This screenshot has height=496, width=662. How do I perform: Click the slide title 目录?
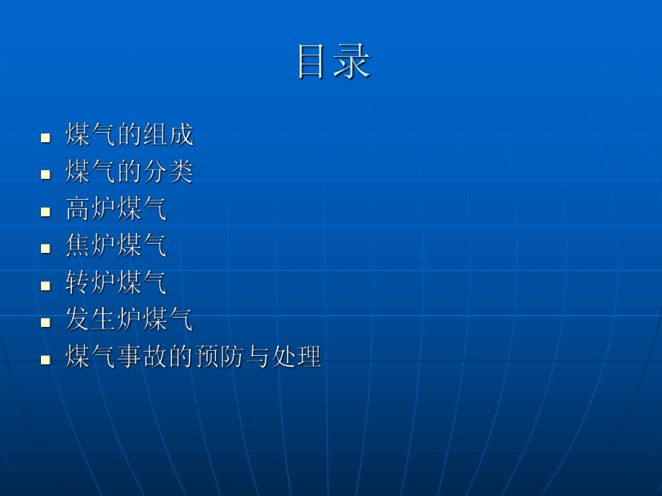(334, 62)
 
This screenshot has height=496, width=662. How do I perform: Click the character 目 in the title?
(314, 62)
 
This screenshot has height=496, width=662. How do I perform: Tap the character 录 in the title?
(353, 62)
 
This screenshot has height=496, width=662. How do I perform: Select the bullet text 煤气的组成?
(130, 135)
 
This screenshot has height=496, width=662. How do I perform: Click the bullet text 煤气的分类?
(130, 172)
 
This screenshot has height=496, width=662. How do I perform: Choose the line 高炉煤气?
(116, 209)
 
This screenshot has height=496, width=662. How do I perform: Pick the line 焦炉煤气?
(116, 246)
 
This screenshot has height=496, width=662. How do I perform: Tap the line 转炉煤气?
(116, 283)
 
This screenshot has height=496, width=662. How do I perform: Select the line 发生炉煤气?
(130, 319)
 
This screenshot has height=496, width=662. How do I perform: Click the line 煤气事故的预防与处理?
(193, 357)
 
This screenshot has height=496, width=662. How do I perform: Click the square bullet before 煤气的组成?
(46, 137)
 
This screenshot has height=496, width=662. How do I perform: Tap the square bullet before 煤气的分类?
(46, 174)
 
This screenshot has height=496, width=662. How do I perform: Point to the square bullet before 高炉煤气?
(46, 211)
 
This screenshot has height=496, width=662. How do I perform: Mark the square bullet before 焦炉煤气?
(46, 247)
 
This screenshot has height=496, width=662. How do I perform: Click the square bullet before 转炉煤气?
(46, 285)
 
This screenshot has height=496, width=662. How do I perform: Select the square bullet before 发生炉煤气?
(46, 321)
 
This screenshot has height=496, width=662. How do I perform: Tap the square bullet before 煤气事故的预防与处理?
(46, 358)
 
